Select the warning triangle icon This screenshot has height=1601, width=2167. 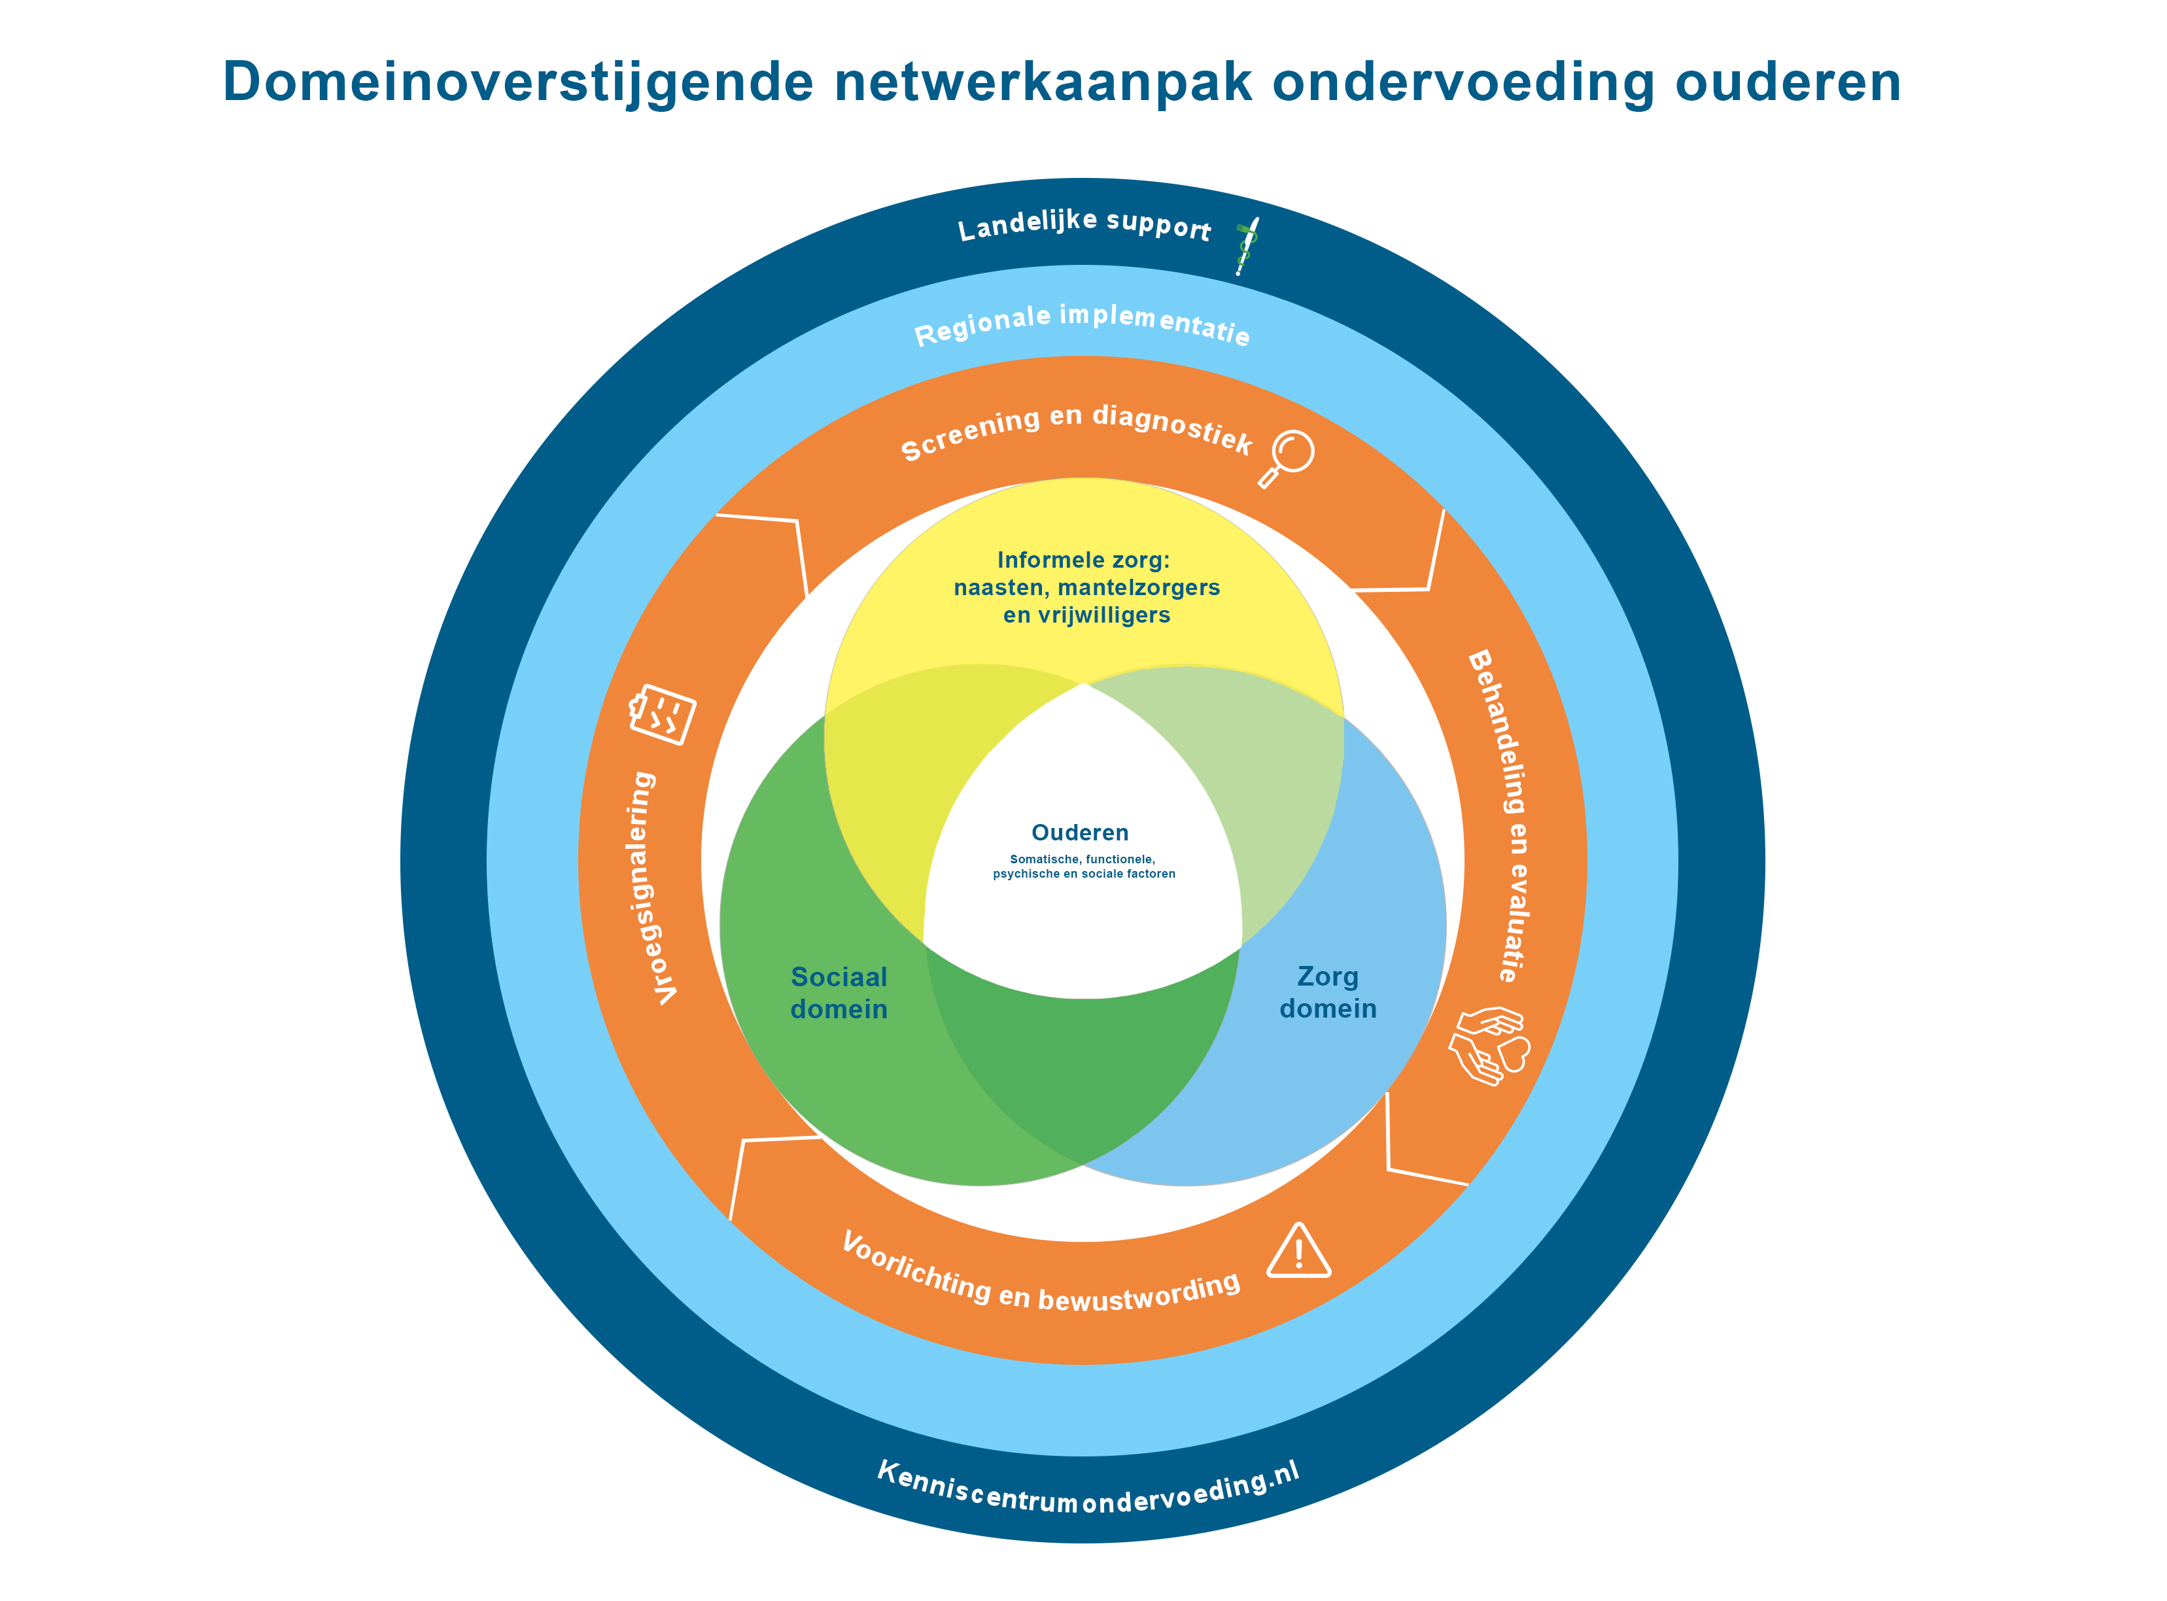point(1298,1250)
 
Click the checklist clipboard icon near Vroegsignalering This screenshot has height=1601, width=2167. point(662,714)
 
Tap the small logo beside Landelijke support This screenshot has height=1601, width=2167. point(1247,246)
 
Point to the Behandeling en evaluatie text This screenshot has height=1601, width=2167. point(1501,814)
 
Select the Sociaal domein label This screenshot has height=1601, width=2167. point(839,992)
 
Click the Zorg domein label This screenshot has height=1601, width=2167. point(1328,992)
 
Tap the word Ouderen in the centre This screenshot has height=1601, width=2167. point(1080,833)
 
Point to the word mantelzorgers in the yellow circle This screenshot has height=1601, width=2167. point(1139,587)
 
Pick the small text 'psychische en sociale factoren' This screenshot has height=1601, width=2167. point(1083,874)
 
